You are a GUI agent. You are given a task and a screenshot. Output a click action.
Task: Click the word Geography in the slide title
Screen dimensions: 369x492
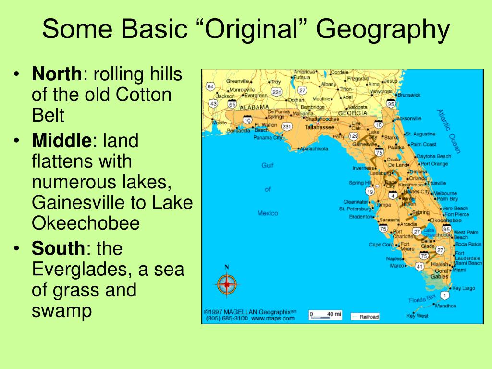[383, 31]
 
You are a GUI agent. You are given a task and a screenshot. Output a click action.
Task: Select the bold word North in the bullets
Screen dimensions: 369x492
[57, 75]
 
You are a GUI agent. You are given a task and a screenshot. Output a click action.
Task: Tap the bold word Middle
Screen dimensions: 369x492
[61, 141]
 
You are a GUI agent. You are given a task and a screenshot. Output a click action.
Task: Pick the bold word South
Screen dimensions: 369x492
[58, 249]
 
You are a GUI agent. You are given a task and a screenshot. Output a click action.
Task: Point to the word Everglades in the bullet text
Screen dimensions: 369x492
[80, 270]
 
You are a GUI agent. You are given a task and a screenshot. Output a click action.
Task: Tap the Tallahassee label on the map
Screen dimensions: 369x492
[320, 127]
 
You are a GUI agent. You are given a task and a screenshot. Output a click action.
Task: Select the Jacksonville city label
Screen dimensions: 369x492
[408, 118]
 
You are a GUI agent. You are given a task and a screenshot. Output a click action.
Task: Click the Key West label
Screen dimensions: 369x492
[417, 316]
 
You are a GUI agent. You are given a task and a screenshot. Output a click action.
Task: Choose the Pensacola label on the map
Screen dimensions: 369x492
[239, 130]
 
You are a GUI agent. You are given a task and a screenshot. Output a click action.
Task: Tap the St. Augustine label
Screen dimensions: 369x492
[421, 134]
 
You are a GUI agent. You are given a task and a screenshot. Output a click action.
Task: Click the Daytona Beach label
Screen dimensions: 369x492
[434, 156]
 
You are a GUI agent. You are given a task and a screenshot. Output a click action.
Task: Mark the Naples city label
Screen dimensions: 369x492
[394, 258]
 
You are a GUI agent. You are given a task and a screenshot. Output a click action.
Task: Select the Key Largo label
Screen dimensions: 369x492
[463, 288]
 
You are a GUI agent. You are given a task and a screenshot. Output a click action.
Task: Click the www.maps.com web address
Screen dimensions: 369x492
[272, 318]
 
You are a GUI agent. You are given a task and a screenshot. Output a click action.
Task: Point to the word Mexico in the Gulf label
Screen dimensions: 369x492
[268, 213]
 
